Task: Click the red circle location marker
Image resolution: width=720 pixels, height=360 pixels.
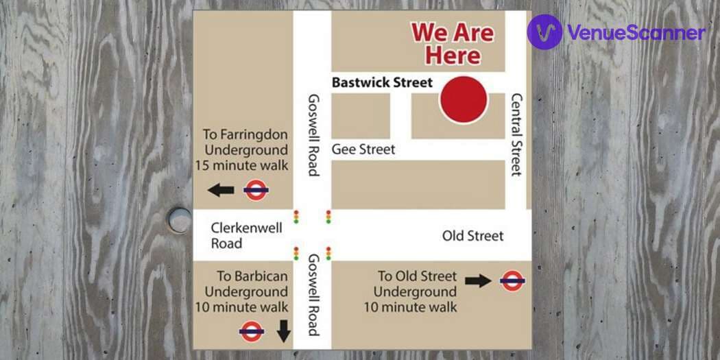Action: click(x=464, y=100)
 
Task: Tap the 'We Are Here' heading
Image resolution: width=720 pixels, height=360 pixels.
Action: click(x=452, y=43)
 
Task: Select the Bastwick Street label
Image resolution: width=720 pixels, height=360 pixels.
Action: click(x=382, y=82)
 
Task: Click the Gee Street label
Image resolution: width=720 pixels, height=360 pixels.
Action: click(x=363, y=149)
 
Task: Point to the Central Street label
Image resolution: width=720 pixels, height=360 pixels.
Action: click(x=517, y=134)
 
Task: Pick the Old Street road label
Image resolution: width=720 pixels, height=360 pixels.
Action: click(x=472, y=236)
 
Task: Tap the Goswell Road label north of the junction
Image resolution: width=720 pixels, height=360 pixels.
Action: click(x=313, y=134)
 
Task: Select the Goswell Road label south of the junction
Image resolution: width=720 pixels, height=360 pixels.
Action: click(x=313, y=295)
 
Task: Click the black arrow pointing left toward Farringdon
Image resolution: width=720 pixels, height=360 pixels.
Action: click(x=221, y=190)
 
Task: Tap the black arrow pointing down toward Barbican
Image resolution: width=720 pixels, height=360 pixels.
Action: click(x=283, y=332)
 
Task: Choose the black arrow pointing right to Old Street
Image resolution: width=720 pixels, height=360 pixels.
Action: click(x=478, y=280)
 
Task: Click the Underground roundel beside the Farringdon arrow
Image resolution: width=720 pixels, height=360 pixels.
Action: click(x=256, y=190)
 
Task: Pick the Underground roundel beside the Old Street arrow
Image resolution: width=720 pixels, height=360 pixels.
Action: click(x=512, y=280)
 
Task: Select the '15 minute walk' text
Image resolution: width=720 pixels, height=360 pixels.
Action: click(x=241, y=165)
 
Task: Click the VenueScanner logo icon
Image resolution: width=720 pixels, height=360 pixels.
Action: click(x=545, y=32)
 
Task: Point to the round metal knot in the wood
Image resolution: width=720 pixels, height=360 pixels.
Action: click(x=179, y=220)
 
